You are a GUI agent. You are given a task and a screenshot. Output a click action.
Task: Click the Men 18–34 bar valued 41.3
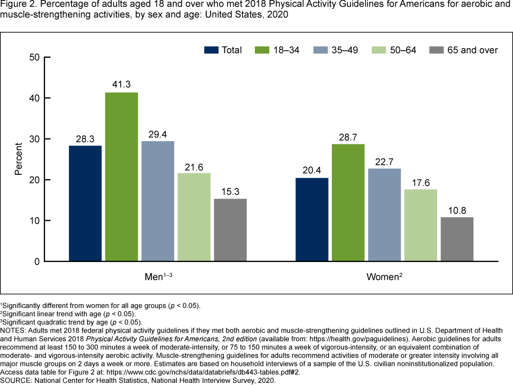click(121, 176)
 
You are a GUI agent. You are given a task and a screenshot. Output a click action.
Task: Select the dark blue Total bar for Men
click(85, 203)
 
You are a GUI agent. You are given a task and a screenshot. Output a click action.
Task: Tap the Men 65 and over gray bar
click(230, 230)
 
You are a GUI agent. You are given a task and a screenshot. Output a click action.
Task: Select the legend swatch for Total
click(211, 50)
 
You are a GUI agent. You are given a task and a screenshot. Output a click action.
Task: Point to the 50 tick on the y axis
click(35, 57)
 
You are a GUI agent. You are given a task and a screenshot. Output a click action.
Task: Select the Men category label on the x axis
click(156, 277)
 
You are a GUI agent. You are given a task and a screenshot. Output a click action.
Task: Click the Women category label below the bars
click(382, 277)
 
